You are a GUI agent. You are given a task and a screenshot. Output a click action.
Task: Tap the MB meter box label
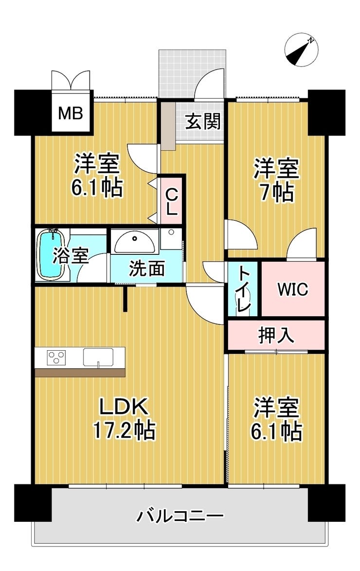coord(71,113)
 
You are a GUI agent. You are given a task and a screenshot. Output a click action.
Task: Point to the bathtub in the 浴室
coord(52,254)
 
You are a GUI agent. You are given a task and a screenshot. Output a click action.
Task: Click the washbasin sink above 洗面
coord(135,242)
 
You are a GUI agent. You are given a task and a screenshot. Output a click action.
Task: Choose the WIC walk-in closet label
coord(292,289)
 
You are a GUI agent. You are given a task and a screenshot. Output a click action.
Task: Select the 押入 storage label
coord(275,335)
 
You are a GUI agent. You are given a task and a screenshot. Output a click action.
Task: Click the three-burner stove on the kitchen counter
coord(56,357)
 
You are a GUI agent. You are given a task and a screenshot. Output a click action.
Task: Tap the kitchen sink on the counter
coord(98,357)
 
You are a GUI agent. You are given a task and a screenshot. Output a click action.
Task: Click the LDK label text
coord(124,407)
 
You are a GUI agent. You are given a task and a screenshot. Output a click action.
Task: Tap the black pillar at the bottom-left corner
coord(33,503)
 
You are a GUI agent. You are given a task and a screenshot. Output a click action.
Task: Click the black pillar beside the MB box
coord(33,112)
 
